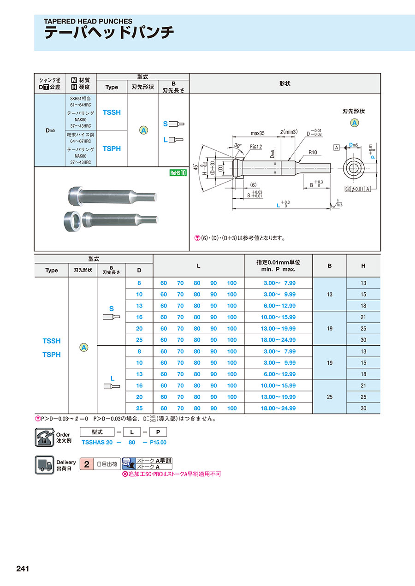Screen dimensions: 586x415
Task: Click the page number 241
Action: [x=23, y=568]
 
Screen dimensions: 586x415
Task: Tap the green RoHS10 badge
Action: [x=178, y=173]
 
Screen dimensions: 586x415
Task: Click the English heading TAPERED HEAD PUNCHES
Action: [x=88, y=21]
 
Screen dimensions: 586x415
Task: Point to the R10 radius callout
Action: [x=313, y=152]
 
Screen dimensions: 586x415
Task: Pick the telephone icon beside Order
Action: [x=44, y=437]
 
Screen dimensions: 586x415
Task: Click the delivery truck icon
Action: [x=44, y=464]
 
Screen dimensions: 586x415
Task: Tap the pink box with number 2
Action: [x=86, y=464]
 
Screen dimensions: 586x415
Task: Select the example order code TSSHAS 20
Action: [x=97, y=442]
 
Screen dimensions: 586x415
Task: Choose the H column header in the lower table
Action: [x=363, y=266]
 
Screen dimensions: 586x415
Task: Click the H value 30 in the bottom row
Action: [x=363, y=408]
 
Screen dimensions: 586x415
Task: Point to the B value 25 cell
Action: [x=329, y=397]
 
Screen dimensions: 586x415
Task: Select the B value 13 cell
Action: [x=329, y=294]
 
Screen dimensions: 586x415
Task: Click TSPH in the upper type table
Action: [x=112, y=148]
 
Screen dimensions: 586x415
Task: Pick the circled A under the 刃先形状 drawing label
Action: [x=354, y=123]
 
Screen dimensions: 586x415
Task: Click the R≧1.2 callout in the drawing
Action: [x=256, y=147]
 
